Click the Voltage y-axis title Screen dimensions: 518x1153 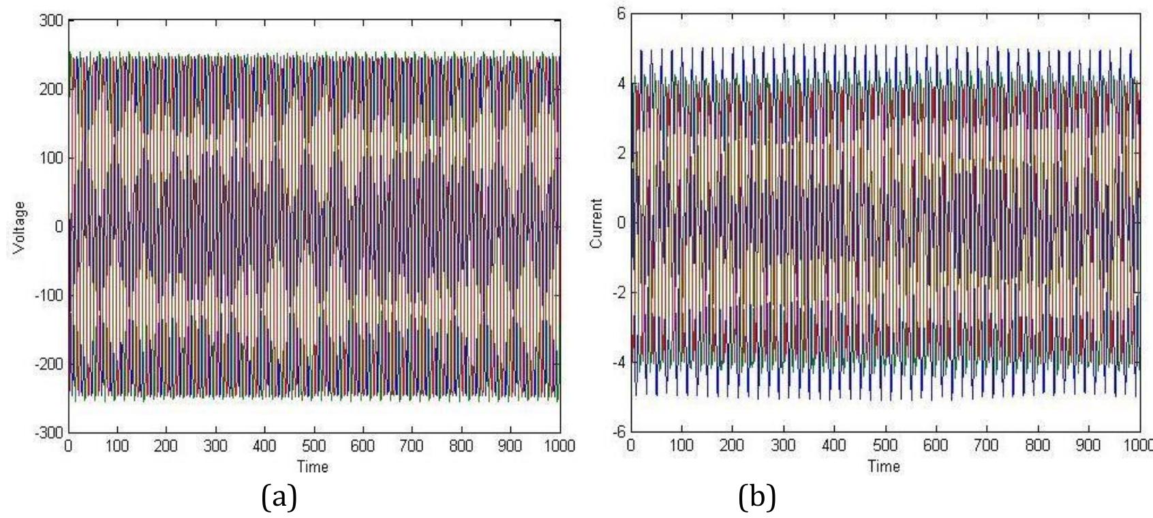click(19, 226)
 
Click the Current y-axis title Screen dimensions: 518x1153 click(597, 223)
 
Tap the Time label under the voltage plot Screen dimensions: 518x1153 click(312, 466)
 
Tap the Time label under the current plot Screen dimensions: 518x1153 click(884, 466)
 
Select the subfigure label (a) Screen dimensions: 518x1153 click(279, 498)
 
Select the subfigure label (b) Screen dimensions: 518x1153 click(757, 498)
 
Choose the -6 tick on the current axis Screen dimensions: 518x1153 click(618, 432)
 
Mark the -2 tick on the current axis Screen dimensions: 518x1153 click(618, 293)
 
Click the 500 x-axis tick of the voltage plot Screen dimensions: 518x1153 click(313, 446)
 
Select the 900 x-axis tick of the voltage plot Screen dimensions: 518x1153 click(510, 446)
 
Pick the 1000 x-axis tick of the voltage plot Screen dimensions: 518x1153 click(559, 446)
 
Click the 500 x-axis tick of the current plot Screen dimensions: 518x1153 click(885, 445)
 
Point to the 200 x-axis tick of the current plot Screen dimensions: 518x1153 click(732, 445)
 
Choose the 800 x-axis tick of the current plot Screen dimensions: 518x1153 click(1038, 445)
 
